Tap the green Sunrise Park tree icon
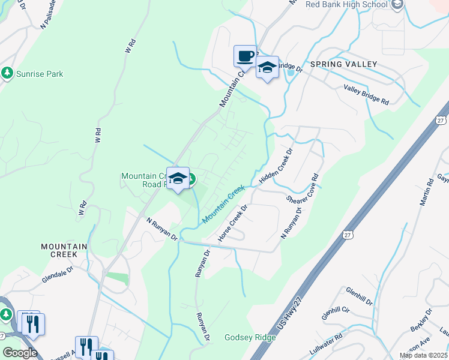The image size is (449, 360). click(7, 73)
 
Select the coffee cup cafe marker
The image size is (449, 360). click(245, 56)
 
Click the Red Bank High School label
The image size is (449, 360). click(347, 4)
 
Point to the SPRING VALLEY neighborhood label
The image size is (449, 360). click(343, 64)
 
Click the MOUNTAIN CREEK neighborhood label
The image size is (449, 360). click(64, 251)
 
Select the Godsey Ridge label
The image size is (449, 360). click(250, 337)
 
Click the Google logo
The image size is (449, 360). click(20, 352)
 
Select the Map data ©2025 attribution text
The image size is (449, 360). click(423, 355)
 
